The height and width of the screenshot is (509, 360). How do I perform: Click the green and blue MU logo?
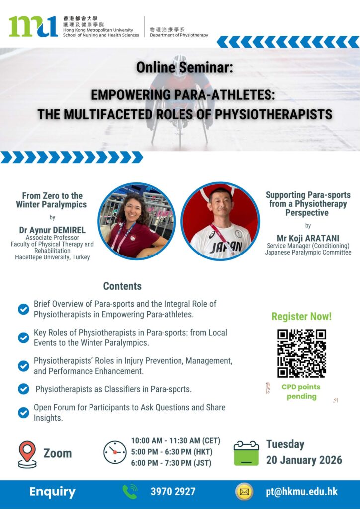coord(33,26)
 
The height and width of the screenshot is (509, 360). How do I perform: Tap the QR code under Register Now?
coord(301,353)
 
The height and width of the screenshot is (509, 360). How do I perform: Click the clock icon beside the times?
coord(115,452)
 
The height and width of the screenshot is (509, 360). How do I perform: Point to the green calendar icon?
coord(247,453)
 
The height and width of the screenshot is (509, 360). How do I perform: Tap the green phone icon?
coord(130,492)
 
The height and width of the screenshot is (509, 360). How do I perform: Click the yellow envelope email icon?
coord(244,492)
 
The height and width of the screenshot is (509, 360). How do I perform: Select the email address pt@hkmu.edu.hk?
coord(301,492)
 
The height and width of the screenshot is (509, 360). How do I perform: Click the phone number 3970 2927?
coord(173,492)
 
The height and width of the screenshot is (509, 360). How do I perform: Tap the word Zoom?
coord(58,453)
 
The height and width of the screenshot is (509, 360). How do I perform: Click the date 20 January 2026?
coord(304,460)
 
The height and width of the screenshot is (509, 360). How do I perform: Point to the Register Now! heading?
coord(301,317)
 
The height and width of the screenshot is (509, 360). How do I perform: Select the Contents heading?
coord(122,286)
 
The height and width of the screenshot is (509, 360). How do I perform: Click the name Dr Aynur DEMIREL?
coord(52,230)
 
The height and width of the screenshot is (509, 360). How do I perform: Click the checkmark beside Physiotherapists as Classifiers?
coord(23,389)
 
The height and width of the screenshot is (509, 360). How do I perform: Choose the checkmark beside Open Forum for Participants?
coord(23,412)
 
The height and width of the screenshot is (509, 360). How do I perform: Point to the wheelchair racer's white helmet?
coord(180,65)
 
